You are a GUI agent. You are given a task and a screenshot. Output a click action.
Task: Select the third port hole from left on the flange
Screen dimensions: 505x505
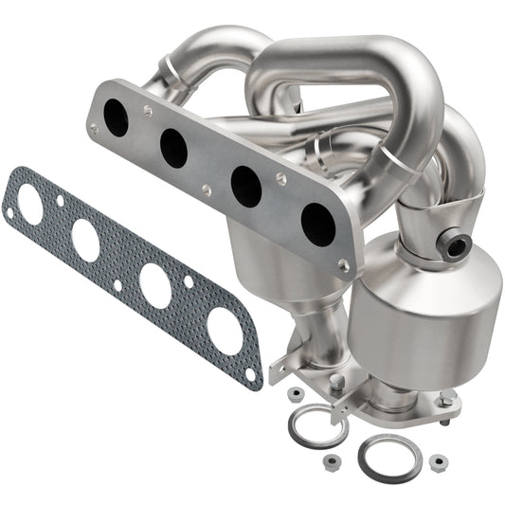245,186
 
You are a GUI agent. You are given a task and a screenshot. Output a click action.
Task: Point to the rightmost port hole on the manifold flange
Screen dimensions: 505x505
316,223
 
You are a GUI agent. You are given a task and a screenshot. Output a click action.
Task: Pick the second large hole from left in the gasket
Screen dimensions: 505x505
85,241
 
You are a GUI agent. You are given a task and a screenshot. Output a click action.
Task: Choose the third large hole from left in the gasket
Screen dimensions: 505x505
155,285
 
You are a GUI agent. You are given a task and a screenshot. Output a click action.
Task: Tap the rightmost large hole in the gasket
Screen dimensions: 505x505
225,331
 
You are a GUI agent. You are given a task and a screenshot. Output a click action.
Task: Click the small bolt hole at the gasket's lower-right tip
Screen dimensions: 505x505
250,374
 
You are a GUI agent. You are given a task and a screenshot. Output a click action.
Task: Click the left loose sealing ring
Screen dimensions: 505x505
316,425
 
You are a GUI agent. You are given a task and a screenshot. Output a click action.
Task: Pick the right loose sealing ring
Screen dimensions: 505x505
388,458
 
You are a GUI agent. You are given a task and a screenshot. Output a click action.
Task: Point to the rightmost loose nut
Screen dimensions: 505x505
437,463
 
